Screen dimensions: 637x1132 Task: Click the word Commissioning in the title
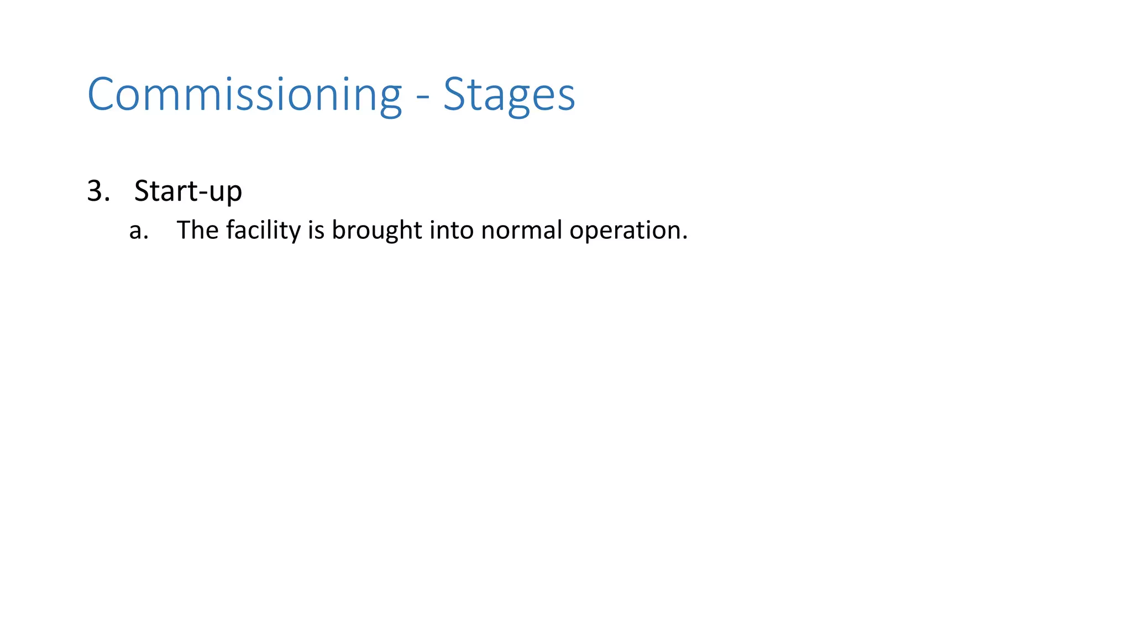pos(244,95)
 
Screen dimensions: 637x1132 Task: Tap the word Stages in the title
pos(509,95)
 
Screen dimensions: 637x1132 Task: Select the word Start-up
pos(188,191)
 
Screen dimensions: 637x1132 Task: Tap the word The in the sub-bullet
pos(197,230)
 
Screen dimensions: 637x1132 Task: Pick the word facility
pos(263,230)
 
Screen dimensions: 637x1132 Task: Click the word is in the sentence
pos(316,230)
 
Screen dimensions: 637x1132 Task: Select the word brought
pos(376,230)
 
